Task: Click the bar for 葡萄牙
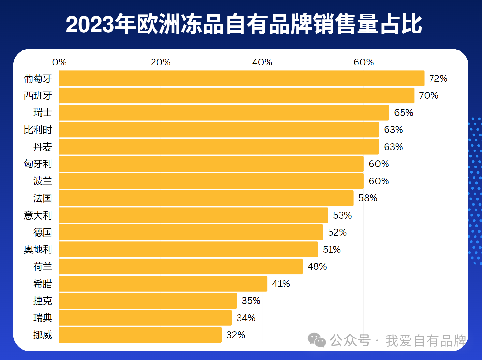coord(241,79)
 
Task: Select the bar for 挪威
coord(140,335)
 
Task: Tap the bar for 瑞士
coord(224,113)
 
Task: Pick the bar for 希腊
coord(163,284)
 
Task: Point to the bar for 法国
coord(206,198)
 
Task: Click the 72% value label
coord(438,79)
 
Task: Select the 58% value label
coord(368,198)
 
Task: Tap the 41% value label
coord(281,284)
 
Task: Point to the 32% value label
coord(236,335)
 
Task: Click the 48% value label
coord(317,266)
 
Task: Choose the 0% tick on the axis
coord(59,62)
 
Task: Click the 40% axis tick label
coord(262,62)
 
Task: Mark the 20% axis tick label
coord(161,62)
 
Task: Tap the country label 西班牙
coord(38,96)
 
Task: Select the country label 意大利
coord(38,215)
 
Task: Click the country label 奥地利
coord(38,250)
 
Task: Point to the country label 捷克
coord(42,301)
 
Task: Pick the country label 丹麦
coord(42,147)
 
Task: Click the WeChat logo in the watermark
coord(316,340)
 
